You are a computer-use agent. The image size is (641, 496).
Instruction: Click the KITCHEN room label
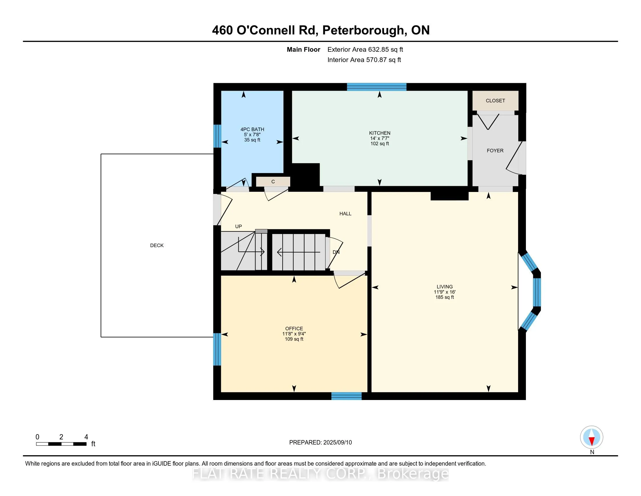point(379,133)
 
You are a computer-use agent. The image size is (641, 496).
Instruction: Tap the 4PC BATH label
point(252,129)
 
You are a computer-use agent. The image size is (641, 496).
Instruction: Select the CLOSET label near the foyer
point(495,101)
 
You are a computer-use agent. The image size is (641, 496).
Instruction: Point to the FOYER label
point(495,151)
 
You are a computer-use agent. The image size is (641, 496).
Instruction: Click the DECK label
point(157,245)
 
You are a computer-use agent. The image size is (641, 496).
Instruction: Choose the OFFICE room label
point(294,329)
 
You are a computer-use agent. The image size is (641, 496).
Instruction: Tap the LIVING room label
point(444,287)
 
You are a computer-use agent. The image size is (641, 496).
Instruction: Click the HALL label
point(345,214)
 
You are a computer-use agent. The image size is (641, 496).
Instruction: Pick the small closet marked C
point(273,181)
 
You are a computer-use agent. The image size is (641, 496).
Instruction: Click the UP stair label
point(238,226)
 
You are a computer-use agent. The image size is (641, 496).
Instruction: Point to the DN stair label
point(336,252)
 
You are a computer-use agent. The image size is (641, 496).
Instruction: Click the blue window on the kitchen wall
point(376,87)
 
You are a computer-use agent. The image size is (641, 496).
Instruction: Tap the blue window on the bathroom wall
point(217,136)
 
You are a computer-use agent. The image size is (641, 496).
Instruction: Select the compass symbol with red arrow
point(591,437)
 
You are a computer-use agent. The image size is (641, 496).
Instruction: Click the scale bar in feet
point(61,444)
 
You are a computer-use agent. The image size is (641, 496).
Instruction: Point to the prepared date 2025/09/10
point(337,442)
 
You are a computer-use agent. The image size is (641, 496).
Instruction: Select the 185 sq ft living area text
point(444,297)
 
